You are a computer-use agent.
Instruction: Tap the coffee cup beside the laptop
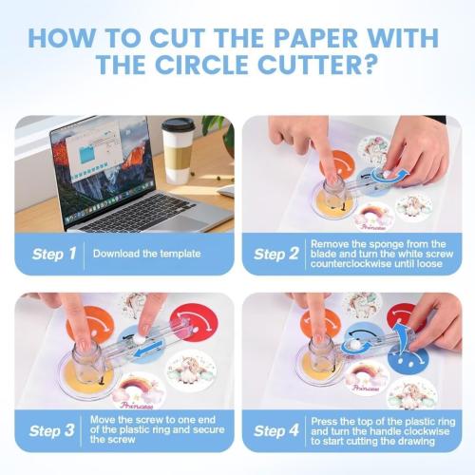click(x=178, y=149)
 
